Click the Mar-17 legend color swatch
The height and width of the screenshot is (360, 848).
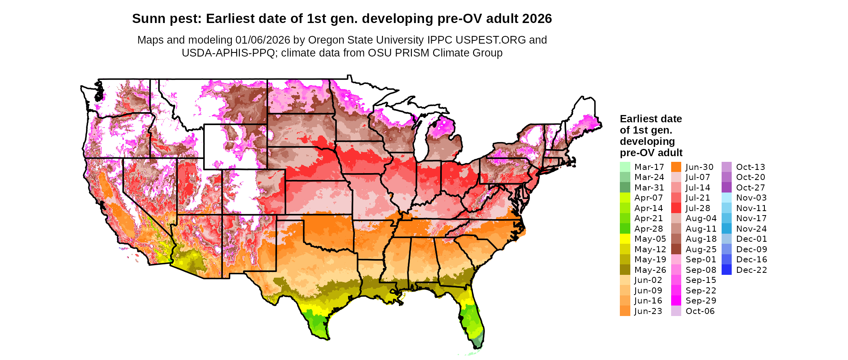pyautogui.click(x=625, y=167)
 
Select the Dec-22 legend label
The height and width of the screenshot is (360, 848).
pyautogui.click(x=751, y=270)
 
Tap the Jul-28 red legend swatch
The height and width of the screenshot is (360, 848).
pyautogui.click(x=676, y=208)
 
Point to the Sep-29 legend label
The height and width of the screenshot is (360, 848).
pyautogui.click(x=701, y=301)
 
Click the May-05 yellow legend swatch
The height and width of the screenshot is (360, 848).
pyautogui.click(x=625, y=239)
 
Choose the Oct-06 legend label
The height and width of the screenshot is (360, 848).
pyautogui.click(x=700, y=311)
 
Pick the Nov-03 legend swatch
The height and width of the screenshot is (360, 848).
pyautogui.click(x=726, y=198)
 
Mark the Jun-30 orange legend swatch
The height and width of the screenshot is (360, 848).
pyautogui.click(x=676, y=167)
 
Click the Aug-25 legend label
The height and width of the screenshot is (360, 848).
pyautogui.click(x=701, y=249)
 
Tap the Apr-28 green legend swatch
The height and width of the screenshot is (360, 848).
pyautogui.click(x=625, y=229)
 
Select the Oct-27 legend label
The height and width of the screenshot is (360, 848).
pyautogui.click(x=750, y=188)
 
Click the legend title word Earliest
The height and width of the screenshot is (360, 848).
pyautogui.click(x=638, y=119)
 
